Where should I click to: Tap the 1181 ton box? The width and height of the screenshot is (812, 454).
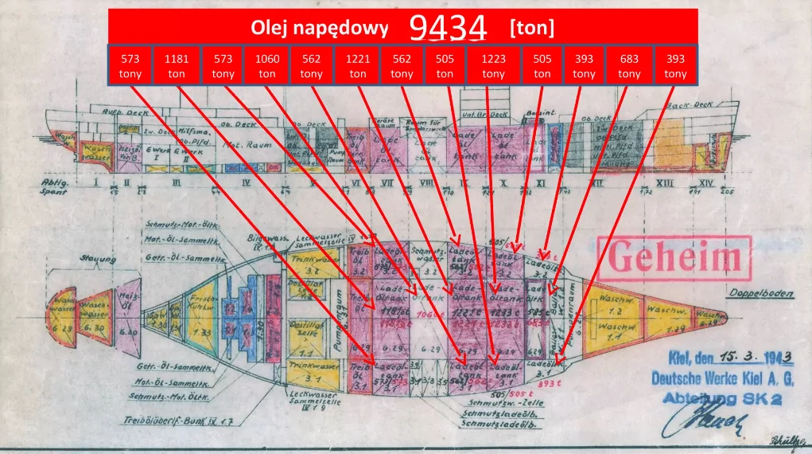click(177, 65)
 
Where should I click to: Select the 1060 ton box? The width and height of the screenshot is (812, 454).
click(267, 65)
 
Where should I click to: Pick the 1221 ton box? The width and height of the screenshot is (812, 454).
click(358, 65)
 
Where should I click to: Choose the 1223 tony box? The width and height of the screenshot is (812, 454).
click(493, 65)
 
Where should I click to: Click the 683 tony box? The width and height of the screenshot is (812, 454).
click(629, 65)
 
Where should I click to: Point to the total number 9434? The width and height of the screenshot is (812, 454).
click(448, 28)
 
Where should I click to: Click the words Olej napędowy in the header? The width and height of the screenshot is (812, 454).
click(320, 29)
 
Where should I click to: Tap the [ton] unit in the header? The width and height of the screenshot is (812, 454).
click(532, 29)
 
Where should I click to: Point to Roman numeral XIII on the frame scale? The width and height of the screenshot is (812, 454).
click(666, 183)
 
